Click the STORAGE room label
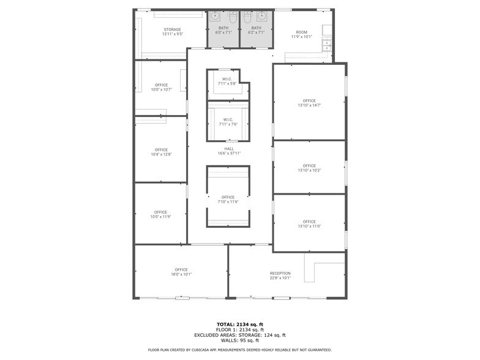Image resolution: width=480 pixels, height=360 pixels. tap(172, 32)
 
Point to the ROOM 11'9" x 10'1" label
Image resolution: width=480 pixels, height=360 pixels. tap(301, 34)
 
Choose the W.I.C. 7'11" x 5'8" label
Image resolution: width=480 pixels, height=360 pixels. tap(227, 81)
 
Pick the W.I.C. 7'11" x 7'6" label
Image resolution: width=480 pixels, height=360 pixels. tap(228, 122)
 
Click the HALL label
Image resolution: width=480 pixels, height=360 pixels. tap(229, 151)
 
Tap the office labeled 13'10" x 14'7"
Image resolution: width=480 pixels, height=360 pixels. tap(309, 103)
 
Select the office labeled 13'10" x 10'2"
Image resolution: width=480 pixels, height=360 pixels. tap(309, 168)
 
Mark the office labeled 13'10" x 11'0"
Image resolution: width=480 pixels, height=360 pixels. tap(309, 224)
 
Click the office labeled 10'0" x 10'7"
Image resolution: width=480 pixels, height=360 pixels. tap(161, 87)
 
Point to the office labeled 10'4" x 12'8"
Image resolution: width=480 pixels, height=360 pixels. tap(161, 152)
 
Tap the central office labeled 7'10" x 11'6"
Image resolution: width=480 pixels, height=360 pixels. tap(228, 199)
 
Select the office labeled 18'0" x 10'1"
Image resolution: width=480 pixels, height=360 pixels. tap(181, 272)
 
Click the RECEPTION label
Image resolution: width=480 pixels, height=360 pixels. tap(280, 276)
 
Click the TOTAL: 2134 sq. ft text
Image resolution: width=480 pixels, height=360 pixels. tap(240, 324)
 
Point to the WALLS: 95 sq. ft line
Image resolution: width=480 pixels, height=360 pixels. tap(240, 340)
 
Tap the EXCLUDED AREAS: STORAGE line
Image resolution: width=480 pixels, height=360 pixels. tap(240, 335)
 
